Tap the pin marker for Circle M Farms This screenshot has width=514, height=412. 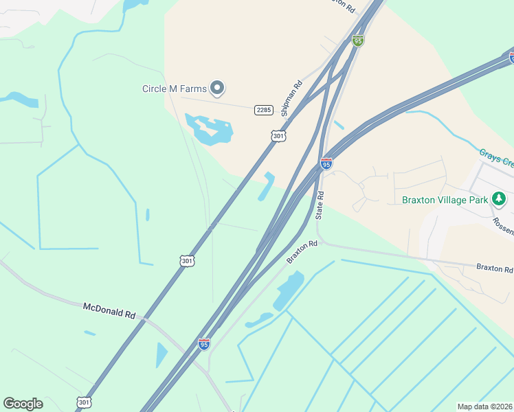click(218, 87)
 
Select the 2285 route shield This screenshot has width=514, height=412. click(264, 110)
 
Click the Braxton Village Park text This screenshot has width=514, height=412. click(444, 200)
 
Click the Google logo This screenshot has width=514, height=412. click(23, 404)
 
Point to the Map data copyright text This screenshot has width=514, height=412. click(485, 407)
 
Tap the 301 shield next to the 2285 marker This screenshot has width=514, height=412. click(278, 136)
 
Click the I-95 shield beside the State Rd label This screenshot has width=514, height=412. click(326, 163)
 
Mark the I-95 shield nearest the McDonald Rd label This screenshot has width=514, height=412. click(204, 343)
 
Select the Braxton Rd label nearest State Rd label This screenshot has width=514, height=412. click(302, 251)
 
